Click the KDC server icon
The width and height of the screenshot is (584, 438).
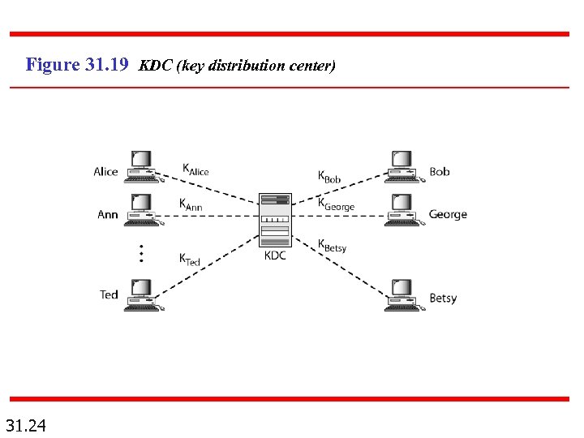tap(275, 220)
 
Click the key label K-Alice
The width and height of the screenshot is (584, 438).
tap(195, 170)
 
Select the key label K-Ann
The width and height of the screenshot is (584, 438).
tap(191, 204)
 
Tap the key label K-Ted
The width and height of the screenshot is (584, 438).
tap(190, 260)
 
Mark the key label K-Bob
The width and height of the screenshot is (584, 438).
tap(329, 176)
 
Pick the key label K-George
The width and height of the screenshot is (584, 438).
tap(336, 204)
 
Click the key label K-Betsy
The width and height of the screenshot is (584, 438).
tap(332, 246)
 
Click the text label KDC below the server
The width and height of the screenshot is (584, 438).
tap(275, 256)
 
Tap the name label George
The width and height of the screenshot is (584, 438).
tap(448, 215)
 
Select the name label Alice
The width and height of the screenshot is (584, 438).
tap(105, 172)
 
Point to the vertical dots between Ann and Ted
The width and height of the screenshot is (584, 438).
tap(140, 253)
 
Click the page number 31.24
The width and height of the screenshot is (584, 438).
tap(26, 424)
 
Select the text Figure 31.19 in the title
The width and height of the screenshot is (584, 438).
tap(77, 65)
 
